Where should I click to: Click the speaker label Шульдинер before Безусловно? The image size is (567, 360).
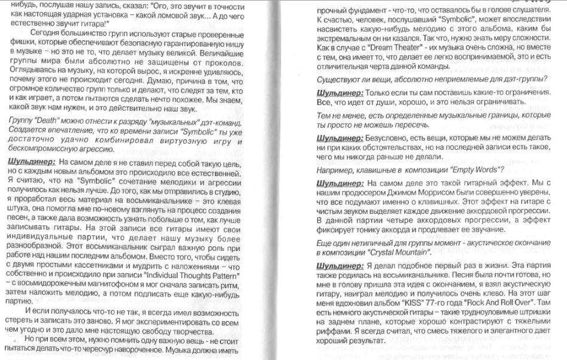pyautogui.click(x=340, y=138)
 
